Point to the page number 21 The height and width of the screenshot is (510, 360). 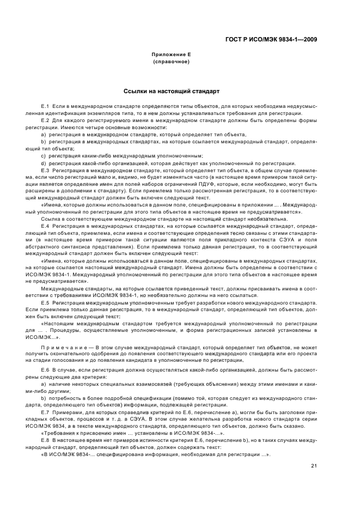click(x=314, y=465)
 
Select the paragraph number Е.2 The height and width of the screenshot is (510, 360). click(x=45, y=119)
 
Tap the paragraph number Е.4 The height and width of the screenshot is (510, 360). click(x=45, y=225)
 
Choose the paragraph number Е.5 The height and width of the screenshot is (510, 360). click(x=45, y=302)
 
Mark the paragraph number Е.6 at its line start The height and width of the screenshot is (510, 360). click(x=45, y=370)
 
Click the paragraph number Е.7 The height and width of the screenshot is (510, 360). click(x=45, y=412)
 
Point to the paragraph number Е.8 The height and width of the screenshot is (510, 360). click(x=45, y=440)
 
